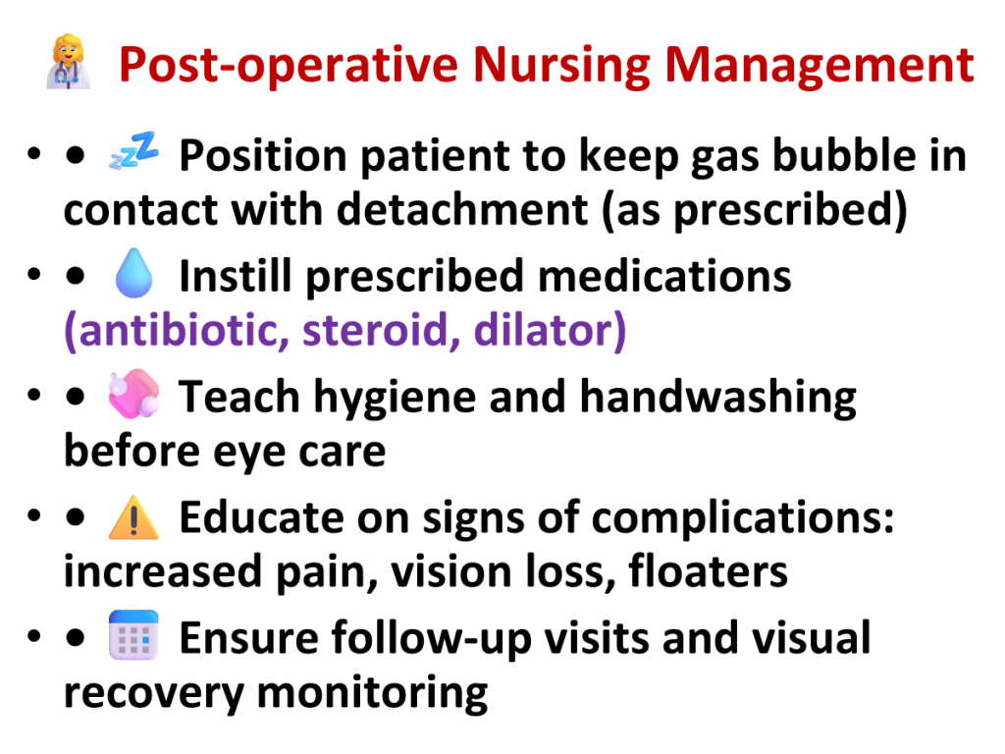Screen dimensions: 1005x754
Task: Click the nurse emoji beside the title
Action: (68, 62)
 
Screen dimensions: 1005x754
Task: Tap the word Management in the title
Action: (820, 66)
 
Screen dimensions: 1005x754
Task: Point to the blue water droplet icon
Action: (133, 273)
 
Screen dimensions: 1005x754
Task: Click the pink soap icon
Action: (133, 393)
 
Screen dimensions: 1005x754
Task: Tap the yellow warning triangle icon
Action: (133, 517)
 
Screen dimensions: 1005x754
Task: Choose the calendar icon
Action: (133, 635)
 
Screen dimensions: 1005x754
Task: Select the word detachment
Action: (462, 210)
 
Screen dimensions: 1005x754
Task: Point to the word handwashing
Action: (717, 397)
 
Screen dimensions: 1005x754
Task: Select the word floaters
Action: (709, 570)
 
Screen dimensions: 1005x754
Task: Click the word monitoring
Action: (372, 694)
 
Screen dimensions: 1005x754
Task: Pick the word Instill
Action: (236, 276)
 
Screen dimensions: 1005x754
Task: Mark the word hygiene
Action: (395, 398)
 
